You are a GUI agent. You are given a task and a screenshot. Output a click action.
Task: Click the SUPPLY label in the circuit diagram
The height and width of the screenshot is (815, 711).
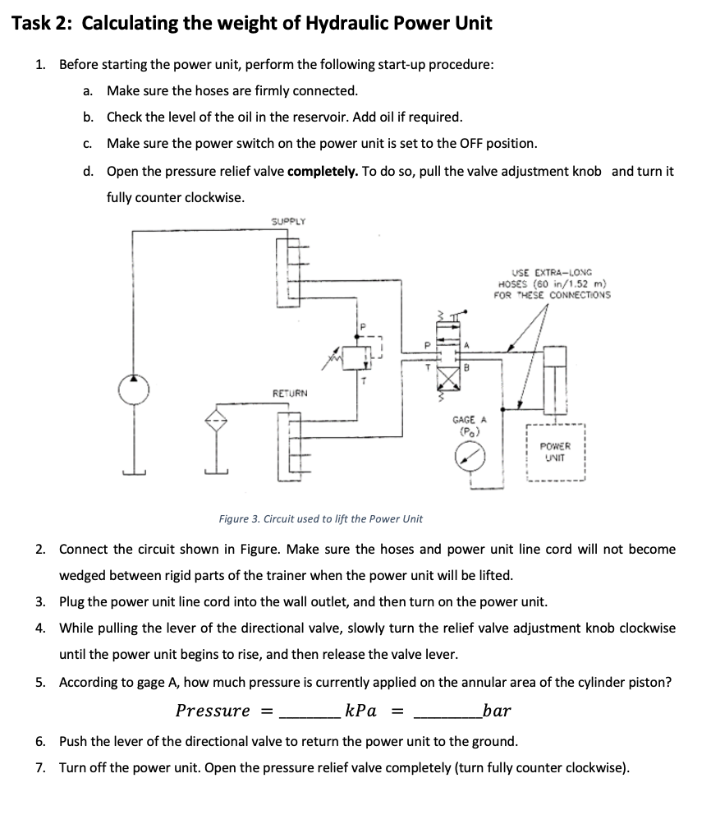pos(288,221)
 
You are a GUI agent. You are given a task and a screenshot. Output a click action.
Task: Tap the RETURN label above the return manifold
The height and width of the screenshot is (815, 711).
pos(290,394)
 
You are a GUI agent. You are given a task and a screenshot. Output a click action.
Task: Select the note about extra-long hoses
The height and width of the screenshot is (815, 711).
pos(552,283)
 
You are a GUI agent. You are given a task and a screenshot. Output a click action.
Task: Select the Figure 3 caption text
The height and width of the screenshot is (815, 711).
pos(320,518)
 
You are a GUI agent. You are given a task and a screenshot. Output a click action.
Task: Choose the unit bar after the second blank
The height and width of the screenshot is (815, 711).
pos(498,710)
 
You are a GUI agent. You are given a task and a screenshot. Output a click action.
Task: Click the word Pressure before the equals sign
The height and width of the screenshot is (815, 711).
pos(213,710)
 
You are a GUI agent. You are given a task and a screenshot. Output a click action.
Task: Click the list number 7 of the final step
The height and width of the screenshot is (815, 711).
pos(40,768)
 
